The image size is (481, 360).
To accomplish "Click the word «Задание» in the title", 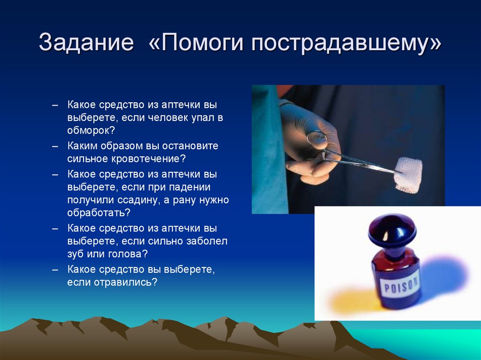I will pos(86,44).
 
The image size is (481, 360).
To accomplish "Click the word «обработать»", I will pos(96,213).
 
